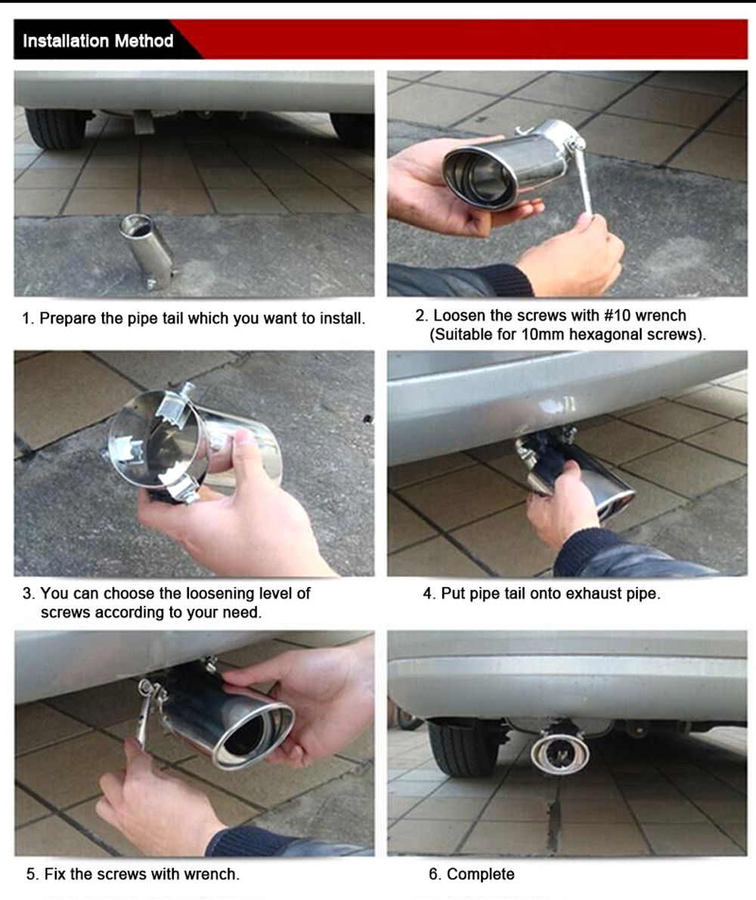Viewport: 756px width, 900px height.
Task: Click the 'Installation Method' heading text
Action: pos(98,41)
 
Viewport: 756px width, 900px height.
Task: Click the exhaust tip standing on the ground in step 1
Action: pos(146,251)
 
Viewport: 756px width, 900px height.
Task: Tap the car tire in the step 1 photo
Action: pos(56,129)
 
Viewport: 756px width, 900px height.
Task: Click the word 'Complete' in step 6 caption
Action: pos(480,874)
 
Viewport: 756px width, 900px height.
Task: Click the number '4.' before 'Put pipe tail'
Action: pos(429,593)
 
